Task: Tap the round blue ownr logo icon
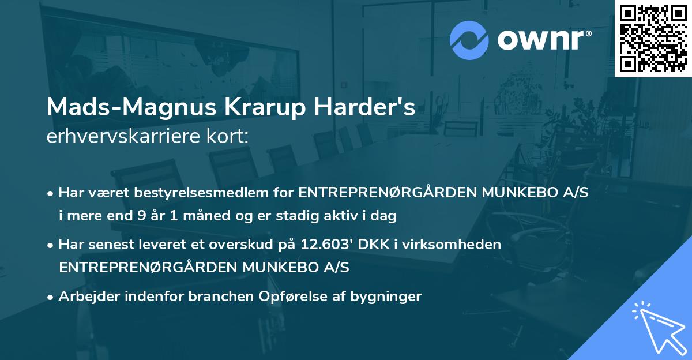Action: pos(469,40)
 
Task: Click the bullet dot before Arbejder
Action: pos(51,297)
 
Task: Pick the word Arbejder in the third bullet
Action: pos(86,297)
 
